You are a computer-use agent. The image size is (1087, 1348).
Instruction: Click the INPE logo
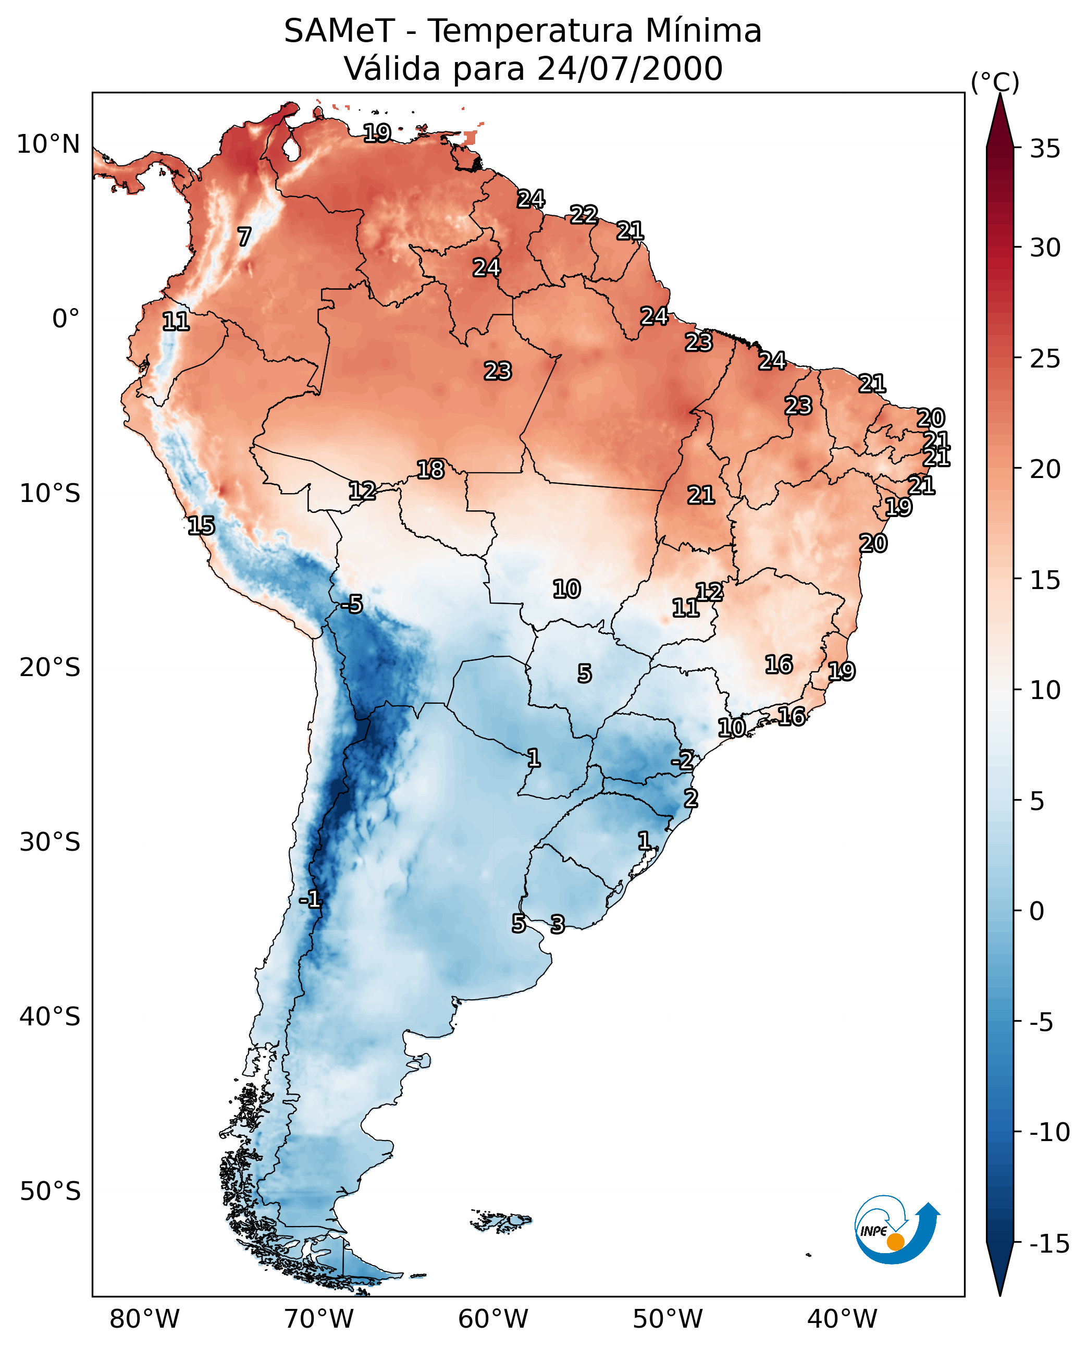[x=896, y=1230]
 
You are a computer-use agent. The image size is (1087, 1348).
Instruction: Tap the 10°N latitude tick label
[x=48, y=145]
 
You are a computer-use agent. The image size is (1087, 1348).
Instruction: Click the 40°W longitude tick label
[x=842, y=1320]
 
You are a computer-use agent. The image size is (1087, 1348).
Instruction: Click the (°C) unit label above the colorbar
[x=995, y=82]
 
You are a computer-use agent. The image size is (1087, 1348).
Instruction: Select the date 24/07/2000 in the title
[x=630, y=69]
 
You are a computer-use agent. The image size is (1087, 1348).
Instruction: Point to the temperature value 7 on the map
[x=244, y=237]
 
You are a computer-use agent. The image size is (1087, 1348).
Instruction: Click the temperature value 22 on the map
[x=584, y=215]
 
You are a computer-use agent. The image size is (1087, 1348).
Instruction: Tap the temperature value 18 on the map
[x=431, y=470]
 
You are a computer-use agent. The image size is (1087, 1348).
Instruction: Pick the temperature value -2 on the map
[x=683, y=761]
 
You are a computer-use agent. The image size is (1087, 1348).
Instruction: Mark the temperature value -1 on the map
[x=310, y=900]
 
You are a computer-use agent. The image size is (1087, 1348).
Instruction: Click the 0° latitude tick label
[x=66, y=319]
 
